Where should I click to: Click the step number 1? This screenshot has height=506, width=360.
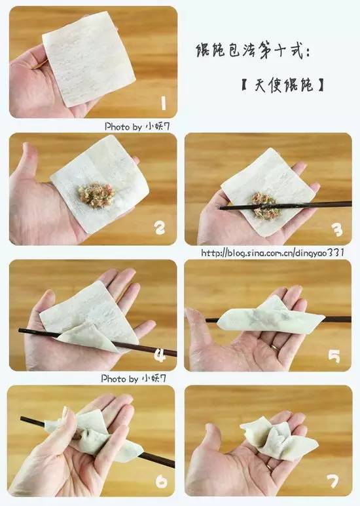pos(162,103)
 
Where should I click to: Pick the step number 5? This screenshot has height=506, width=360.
pos(334,355)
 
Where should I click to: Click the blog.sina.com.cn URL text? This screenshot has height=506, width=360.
pos(272,252)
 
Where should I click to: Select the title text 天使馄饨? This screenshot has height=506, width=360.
pos(282,86)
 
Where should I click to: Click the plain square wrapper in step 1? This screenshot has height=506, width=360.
pos(88,59)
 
